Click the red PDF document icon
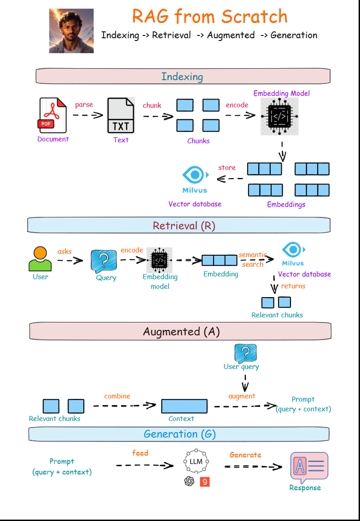pyautogui.click(x=52, y=116)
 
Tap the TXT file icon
pyautogui.click(x=121, y=115)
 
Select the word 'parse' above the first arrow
pyautogui.click(x=84, y=105)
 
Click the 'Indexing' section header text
pyautogui.click(x=182, y=76)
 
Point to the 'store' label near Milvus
pyautogui.click(x=227, y=168)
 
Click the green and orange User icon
pyautogui.click(x=40, y=259)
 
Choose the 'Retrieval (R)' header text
pyautogui.click(x=184, y=226)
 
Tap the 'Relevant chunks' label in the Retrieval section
pyautogui.click(x=277, y=315)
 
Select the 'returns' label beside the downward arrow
pyautogui.click(x=293, y=286)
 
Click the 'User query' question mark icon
pyautogui.click(x=245, y=353)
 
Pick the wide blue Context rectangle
pyautogui.click(x=184, y=406)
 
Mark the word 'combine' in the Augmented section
pyautogui.click(x=117, y=396)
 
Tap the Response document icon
pyautogui.click(x=309, y=468)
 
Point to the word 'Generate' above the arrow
pyautogui.click(x=245, y=455)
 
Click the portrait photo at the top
pyautogui.click(x=71, y=31)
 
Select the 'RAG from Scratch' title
pyautogui.click(x=210, y=17)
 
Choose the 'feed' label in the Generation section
pyautogui.click(x=140, y=453)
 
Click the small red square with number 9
pyautogui.click(x=205, y=482)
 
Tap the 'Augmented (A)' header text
pyautogui.click(x=181, y=332)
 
